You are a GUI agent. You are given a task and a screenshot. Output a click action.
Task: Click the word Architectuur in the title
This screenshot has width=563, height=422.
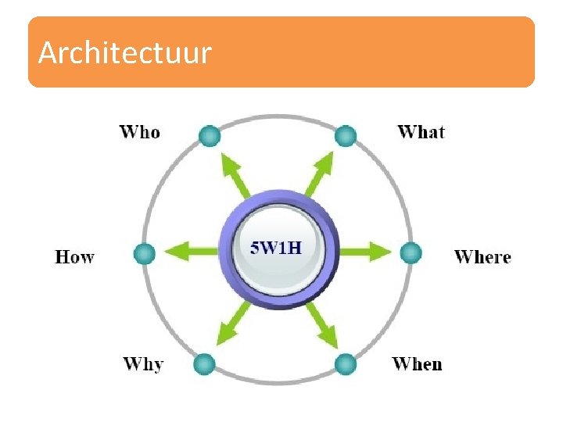click(x=125, y=53)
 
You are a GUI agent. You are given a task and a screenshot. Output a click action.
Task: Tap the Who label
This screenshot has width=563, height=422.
click(x=140, y=132)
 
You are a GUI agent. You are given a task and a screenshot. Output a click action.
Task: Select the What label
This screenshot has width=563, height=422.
click(x=421, y=132)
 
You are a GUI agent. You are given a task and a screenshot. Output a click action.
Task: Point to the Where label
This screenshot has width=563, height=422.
click(x=482, y=257)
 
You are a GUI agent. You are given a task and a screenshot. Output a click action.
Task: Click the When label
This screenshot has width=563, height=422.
click(x=417, y=364)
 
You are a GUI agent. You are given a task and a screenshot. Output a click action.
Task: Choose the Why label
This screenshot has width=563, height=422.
click(x=143, y=364)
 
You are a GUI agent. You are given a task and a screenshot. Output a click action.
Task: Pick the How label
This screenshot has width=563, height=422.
click(x=75, y=257)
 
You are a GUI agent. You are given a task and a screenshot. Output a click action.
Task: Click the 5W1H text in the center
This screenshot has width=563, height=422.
click(x=276, y=249)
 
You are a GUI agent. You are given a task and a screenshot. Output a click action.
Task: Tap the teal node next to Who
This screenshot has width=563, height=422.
click(x=209, y=136)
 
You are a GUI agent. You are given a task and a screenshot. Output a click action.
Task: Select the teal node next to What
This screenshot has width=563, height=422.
click(x=345, y=137)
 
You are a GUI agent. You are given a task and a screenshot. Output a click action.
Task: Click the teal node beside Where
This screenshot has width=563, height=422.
click(x=411, y=252)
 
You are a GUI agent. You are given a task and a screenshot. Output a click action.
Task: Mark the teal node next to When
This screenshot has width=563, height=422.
click(x=345, y=364)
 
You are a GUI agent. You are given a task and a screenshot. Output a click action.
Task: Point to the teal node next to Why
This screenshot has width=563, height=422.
click(x=203, y=364)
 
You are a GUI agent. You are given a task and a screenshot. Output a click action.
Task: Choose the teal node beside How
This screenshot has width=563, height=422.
click(x=144, y=253)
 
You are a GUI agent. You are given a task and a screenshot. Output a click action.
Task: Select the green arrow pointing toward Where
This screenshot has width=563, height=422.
click(x=364, y=252)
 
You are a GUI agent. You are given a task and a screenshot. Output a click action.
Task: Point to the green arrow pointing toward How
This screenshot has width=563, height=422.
click(x=190, y=252)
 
